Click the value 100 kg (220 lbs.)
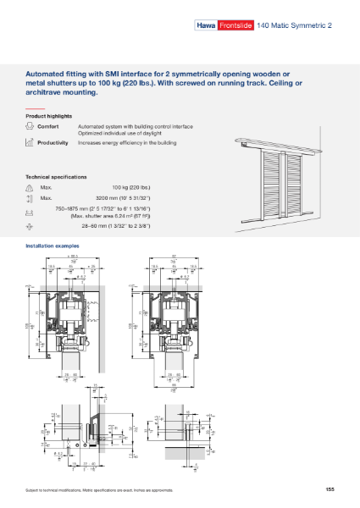coord(130,186)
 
